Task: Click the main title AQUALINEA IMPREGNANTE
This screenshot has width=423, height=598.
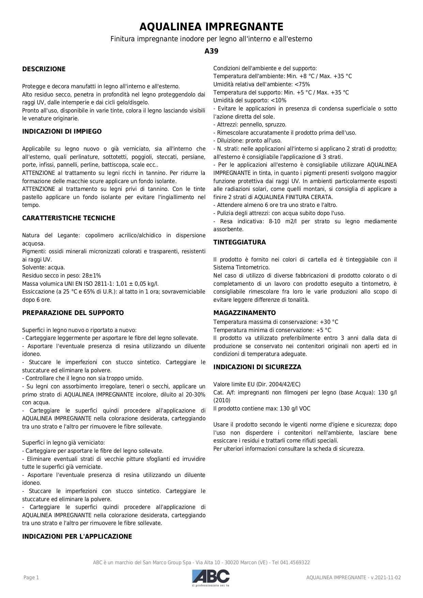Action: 211,27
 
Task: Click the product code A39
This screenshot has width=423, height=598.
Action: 211,51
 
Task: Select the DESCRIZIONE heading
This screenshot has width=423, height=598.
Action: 44,69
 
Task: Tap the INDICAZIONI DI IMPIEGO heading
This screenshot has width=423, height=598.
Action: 62,131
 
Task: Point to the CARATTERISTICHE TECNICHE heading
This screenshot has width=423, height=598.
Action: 69,218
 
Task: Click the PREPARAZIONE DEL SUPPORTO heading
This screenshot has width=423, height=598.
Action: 73,313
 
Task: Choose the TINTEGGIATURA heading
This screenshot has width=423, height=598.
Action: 239,242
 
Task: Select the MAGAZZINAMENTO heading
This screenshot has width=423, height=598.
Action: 244,313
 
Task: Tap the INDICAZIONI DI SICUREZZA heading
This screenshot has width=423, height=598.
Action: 257,367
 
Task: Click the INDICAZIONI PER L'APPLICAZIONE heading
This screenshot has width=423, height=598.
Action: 77,536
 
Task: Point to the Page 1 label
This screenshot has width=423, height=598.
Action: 31,578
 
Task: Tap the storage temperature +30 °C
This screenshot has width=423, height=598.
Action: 329,322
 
